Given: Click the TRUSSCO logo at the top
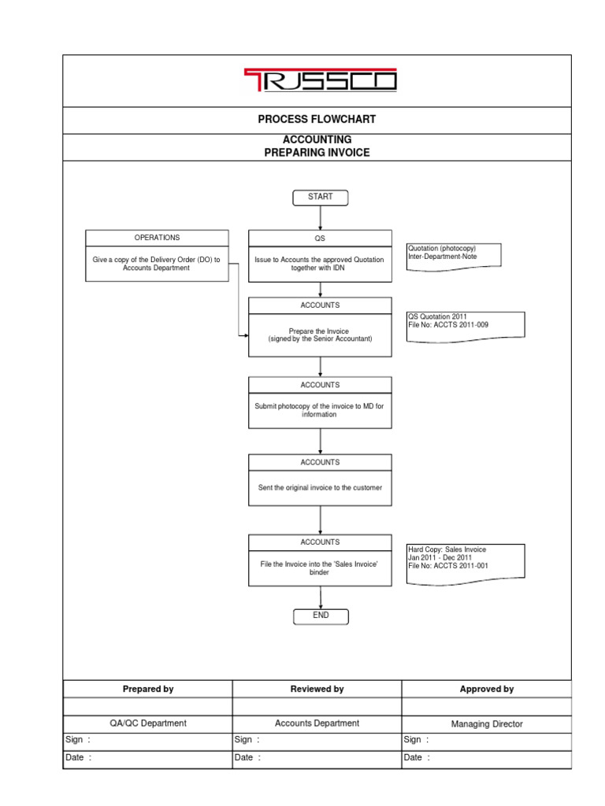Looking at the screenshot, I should tap(318, 80).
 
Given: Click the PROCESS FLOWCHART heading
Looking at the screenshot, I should tap(317, 120).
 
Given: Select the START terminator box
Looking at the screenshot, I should tap(320, 197).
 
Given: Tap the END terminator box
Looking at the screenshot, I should tap(320, 616).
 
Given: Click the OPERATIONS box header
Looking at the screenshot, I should tap(157, 238).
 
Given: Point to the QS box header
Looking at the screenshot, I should tap(320, 238).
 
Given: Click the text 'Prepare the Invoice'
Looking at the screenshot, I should tap(320, 331).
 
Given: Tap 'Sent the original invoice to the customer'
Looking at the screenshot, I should tap(320, 488).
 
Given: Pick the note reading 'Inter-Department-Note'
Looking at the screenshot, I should tap(442, 256).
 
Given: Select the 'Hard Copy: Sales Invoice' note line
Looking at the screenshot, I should tap(447, 549).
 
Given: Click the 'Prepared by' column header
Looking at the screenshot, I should tap(148, 689).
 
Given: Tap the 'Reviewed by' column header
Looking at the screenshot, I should tap(317, 689).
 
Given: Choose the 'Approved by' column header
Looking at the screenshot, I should tap(487, 689).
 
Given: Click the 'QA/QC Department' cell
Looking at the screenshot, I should tap(148, 723).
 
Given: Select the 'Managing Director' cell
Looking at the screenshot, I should tap(487, 724).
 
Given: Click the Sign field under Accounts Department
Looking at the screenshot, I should tap(317, 740).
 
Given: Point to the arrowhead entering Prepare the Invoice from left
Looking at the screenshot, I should tap(245, 336).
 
